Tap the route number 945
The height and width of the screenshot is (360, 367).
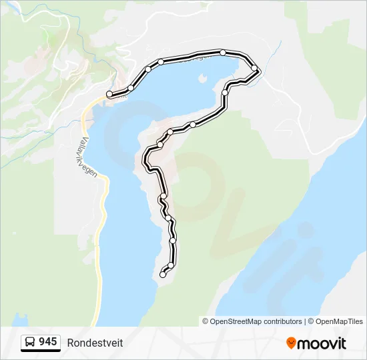[48, 342]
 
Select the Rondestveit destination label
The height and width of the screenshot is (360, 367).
[95, 343]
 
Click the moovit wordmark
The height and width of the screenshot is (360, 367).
[322, 343]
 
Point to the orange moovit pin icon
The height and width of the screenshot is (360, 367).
[292, 343]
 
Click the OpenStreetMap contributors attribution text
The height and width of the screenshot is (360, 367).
[256, 321]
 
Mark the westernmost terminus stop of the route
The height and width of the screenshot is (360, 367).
[109, 95]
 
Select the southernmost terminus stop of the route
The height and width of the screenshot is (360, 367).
[163, 275]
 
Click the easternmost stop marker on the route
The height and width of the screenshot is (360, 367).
[254, 68]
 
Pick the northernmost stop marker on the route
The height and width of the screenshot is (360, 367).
[223, 52]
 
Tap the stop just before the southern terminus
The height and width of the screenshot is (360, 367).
[171, 265]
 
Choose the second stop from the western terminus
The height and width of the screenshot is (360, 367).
[131, 88]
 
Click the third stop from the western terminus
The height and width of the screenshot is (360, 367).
[148, 69]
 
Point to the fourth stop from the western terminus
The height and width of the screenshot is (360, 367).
[161, 62]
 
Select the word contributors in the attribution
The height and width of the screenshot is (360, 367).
[282, 321]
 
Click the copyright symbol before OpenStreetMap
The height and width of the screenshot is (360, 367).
[206, 321]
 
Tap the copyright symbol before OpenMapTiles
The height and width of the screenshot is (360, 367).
[310, 321]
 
